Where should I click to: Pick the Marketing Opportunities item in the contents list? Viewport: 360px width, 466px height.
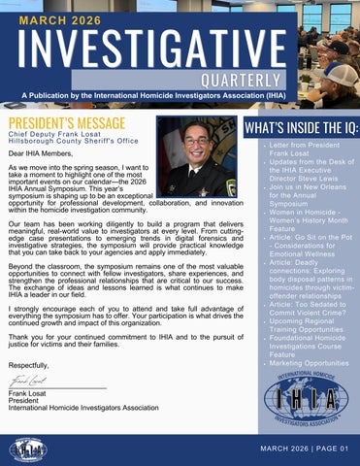point(308,362)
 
